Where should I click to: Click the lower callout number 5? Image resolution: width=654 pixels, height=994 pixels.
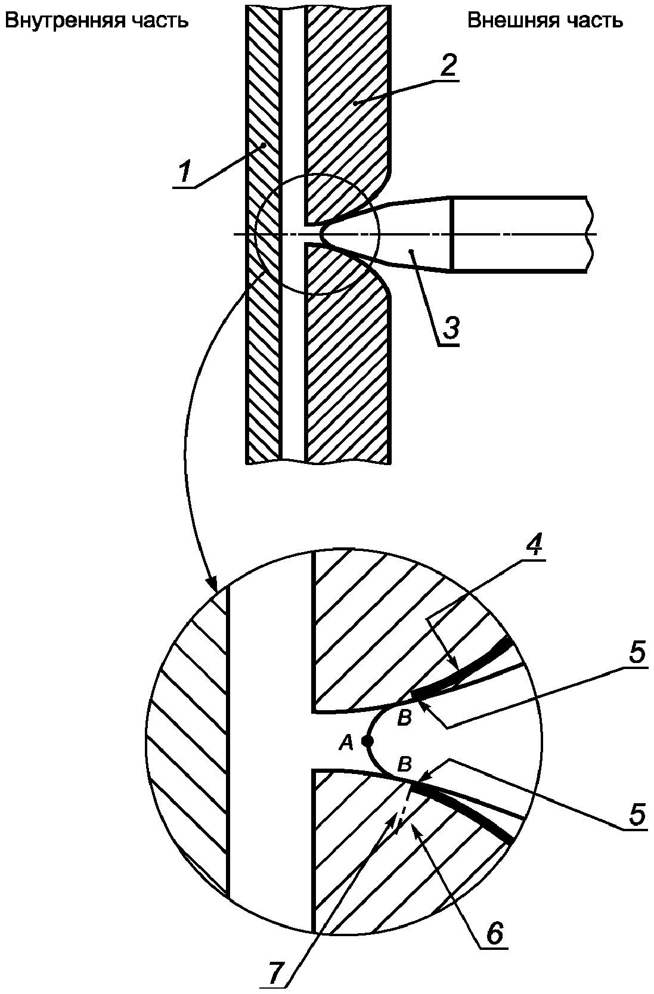(636, 813)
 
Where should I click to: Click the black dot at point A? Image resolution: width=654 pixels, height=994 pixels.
(367, 741)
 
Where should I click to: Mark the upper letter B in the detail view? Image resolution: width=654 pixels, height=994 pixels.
(404, 719)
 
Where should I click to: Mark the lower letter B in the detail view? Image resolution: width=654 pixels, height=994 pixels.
(404, 763)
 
